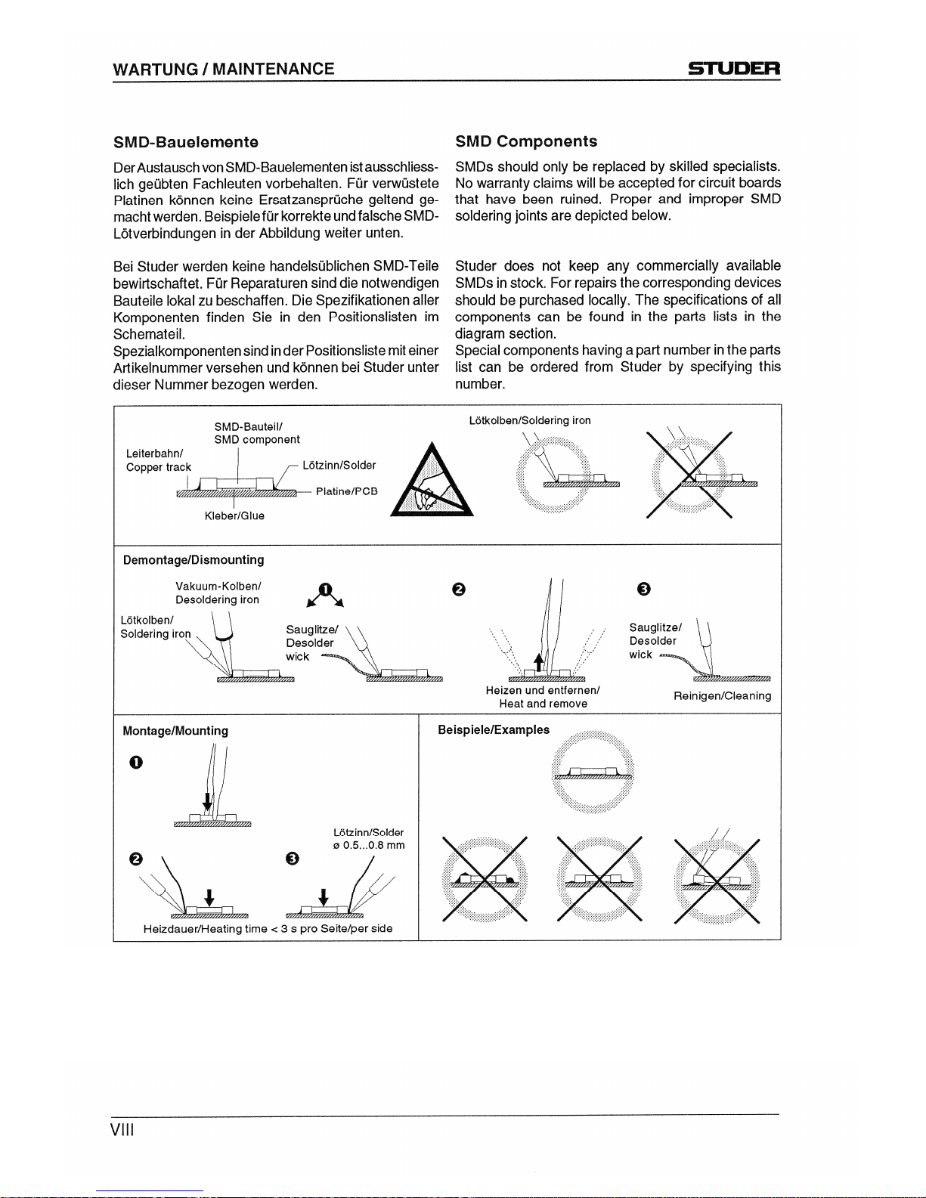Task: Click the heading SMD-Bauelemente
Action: (186, 142)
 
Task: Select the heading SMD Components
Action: (525, 141)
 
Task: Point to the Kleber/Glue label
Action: (234, 515)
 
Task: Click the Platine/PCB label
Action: (346, 491)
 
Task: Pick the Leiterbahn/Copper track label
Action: (158, 460)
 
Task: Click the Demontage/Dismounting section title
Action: (193, 560)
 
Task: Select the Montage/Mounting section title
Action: (175, 731)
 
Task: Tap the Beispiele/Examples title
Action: (494, 729)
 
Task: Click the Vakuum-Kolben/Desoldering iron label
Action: (218, 593)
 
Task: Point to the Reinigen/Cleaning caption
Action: (722, 695)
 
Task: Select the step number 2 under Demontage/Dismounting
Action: (457, 590)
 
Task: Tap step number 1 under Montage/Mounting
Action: (135, 762)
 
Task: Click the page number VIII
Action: (122, 1130)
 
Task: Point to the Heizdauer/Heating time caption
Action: (268, 928)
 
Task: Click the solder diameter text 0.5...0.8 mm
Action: (369, 845)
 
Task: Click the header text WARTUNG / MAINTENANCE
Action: (223, 69)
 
